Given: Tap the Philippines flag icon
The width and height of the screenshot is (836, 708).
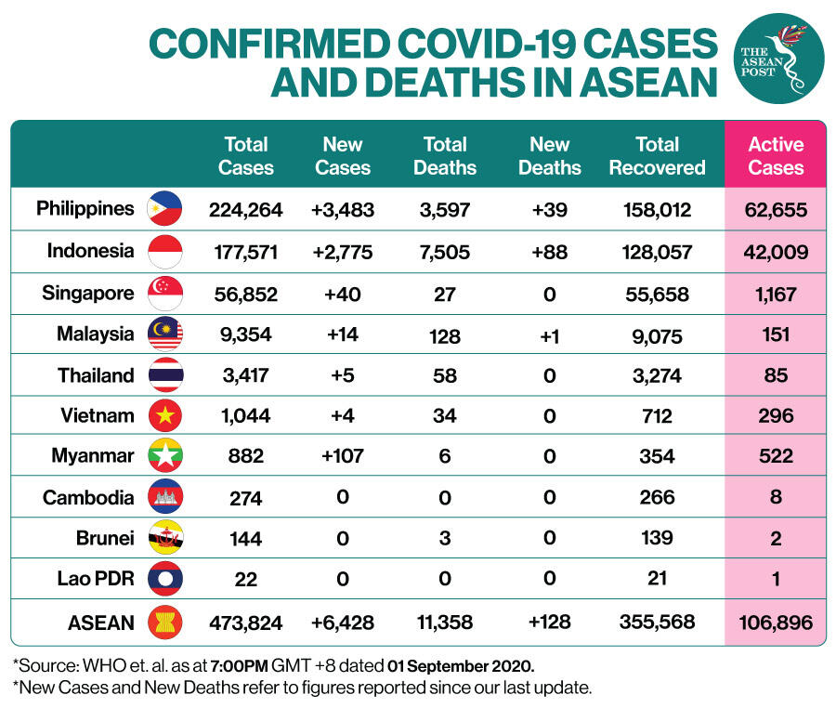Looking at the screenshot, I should (165, 209).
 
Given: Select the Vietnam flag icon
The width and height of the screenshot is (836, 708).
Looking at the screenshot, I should (165, 415).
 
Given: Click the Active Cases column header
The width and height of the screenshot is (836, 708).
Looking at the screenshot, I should (776, 156).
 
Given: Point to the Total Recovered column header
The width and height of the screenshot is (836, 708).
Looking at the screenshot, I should (657, 156).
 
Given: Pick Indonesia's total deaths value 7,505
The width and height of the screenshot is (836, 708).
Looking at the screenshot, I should (445, 251).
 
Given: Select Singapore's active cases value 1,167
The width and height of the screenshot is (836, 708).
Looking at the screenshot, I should (776, 295).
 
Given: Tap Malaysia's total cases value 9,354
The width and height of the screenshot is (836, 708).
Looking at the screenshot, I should (245, 334).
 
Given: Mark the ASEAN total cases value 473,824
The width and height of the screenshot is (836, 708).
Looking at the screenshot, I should (245, 623).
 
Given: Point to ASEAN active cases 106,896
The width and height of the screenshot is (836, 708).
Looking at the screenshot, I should (776, 623).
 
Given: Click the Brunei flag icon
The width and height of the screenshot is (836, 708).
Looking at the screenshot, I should (165, 538).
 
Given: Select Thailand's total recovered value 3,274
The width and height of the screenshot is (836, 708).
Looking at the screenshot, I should (657, 376).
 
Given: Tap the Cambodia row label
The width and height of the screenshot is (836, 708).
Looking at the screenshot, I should (88, 497).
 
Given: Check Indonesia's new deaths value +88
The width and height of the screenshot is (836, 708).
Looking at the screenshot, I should (549, 251).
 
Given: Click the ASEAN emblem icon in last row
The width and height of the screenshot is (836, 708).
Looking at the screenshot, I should (165, 621).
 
